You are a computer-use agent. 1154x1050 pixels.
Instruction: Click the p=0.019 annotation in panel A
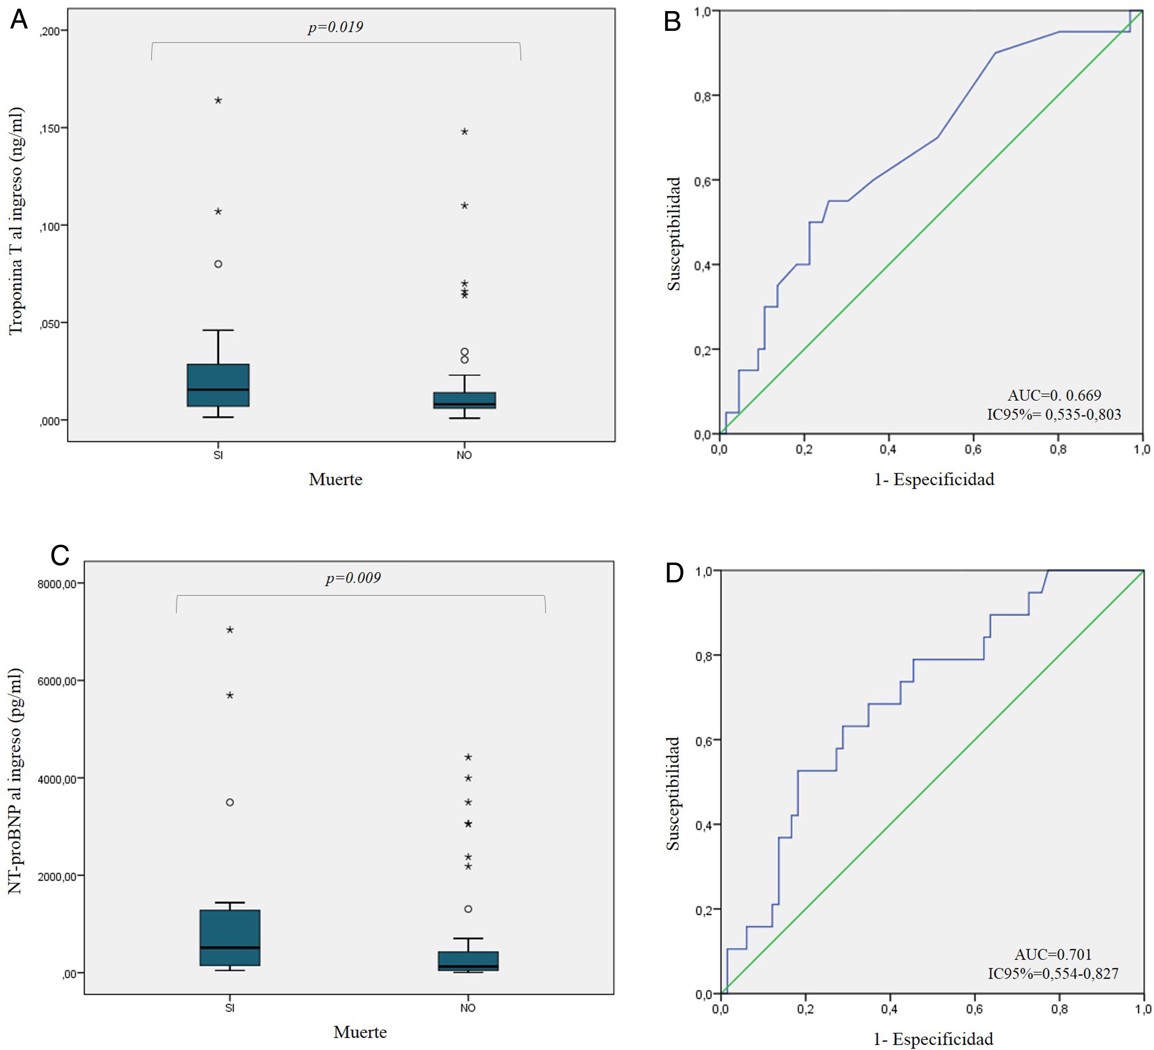(x=335, y=27)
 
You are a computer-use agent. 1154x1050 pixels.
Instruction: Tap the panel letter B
(x=673, y=22)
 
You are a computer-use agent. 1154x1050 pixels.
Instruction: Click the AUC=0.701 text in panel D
(x=1053, y=954)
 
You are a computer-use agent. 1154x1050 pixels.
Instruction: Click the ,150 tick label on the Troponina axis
(x=50, y=128)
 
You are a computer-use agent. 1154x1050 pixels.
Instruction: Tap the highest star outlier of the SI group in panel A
(x=218, y=101)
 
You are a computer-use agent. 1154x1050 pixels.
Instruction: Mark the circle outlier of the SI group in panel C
(x=229, y=802)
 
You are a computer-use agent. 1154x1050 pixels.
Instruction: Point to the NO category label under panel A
(x=464, y=455)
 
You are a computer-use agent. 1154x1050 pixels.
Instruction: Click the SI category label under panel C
(x=229, y=1008)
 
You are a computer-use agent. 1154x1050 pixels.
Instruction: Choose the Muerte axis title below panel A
(x=335, y=479)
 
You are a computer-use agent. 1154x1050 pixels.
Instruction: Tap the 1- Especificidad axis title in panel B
(x=934, y=479)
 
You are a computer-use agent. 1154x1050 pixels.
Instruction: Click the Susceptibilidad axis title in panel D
(x=674, y=793)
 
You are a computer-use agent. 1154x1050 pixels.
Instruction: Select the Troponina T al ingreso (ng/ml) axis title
(x=16, y=220)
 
